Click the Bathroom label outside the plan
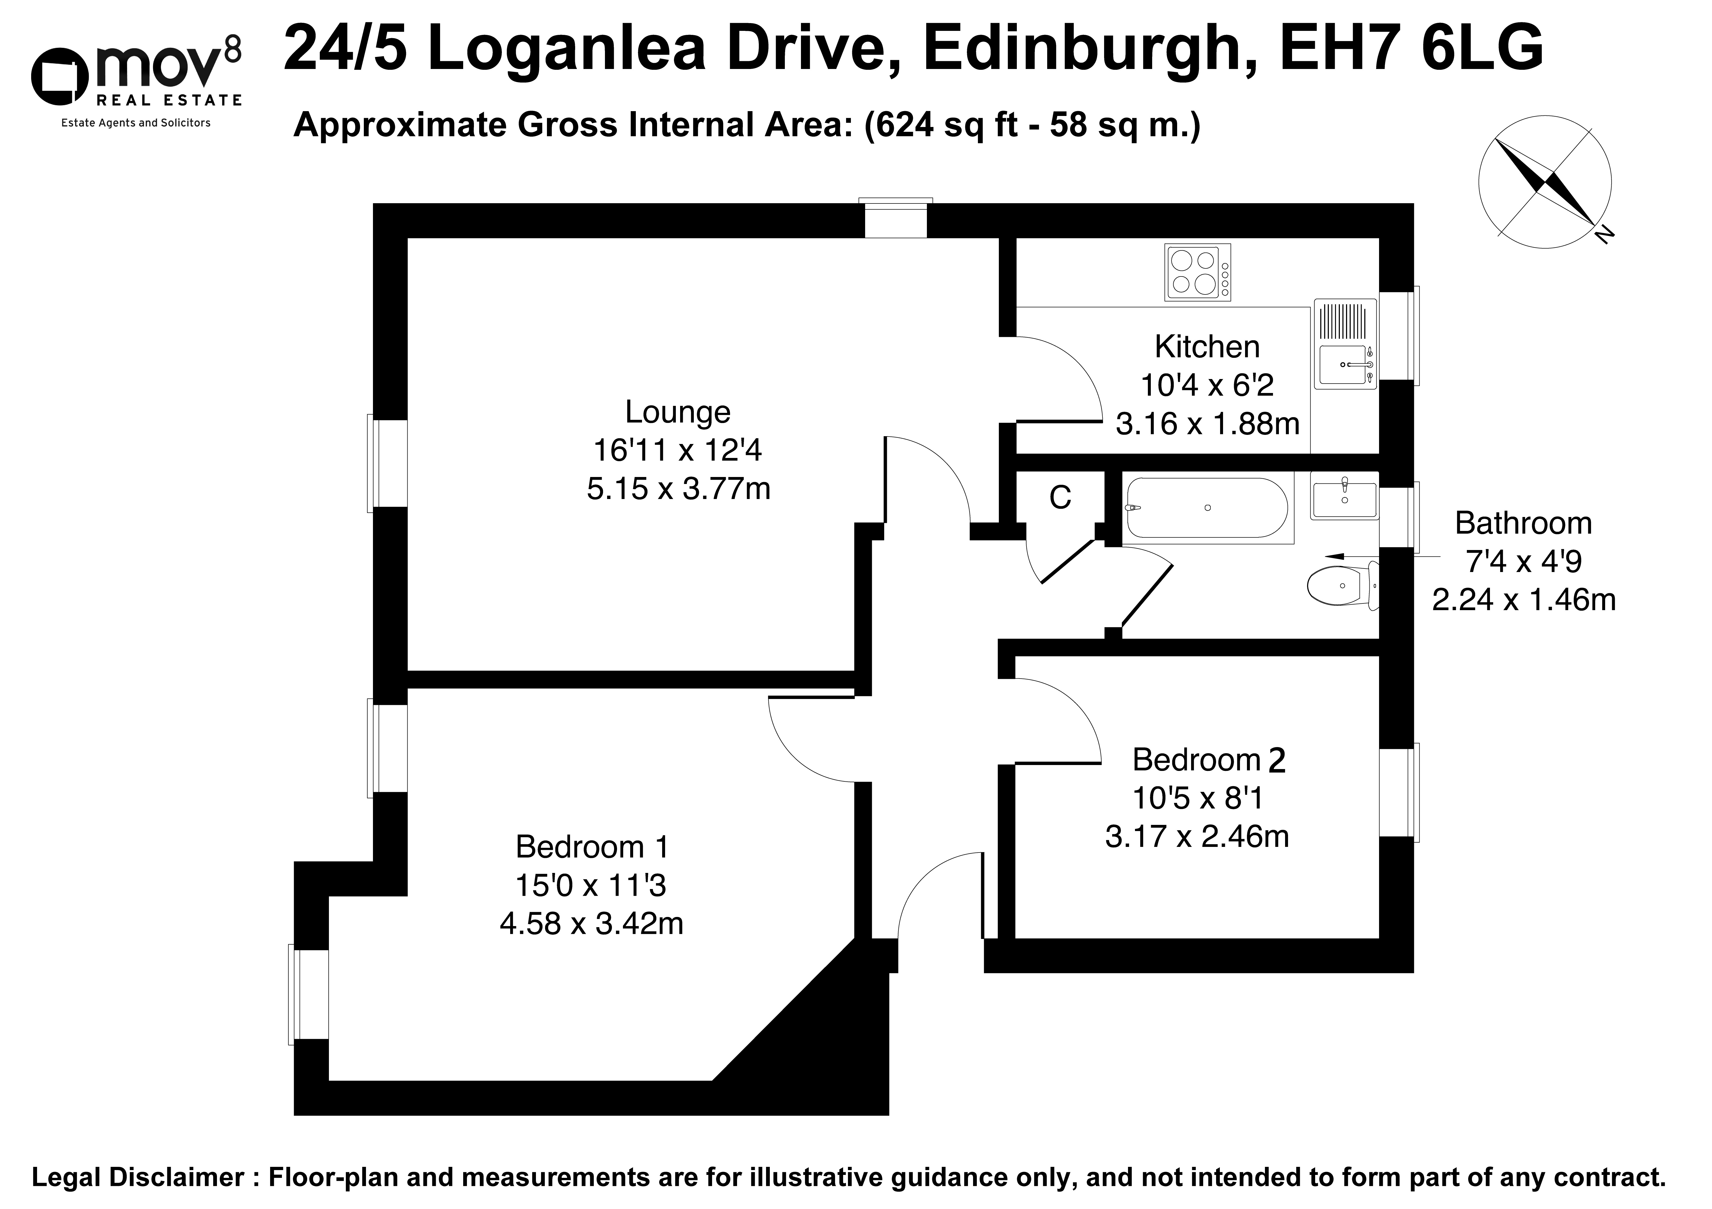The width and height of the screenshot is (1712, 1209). [1523, 524]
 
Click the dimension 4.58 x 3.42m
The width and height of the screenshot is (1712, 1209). [591, 924]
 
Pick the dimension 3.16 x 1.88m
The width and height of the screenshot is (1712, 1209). [1207, 424]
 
